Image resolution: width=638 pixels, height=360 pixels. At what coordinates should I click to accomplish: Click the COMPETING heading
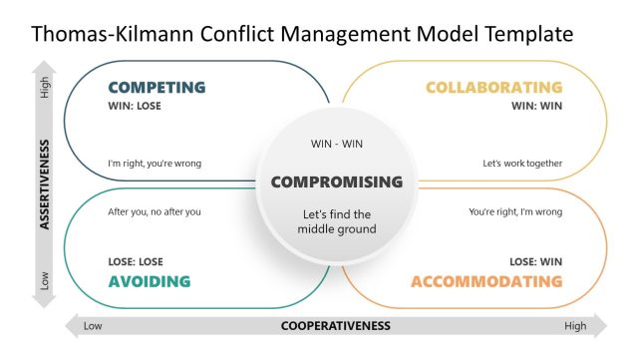[157, 88]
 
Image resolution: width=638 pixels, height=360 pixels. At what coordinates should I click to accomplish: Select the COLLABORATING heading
[493, 88]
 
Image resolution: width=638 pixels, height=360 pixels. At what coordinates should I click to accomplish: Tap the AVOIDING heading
[149, 281]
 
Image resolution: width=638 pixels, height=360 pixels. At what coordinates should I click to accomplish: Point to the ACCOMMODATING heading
[486, 281]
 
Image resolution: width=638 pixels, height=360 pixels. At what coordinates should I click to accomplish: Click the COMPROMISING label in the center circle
[337, 181]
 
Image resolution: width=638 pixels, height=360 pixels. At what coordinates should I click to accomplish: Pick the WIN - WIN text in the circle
[337, 145]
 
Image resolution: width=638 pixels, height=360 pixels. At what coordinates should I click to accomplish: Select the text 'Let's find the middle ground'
[337, 221]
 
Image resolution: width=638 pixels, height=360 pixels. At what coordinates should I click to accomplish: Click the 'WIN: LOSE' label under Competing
[135, 106]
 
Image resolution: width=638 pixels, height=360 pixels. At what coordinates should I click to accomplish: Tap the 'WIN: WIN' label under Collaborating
[537, 106]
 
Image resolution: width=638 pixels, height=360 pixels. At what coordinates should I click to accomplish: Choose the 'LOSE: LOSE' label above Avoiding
[136, 261]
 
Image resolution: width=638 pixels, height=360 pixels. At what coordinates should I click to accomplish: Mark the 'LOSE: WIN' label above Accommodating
[536, 261]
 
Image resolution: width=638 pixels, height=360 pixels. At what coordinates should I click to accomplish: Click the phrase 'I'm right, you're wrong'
[155, 164]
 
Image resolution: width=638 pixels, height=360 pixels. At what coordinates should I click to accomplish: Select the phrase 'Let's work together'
[523, 164]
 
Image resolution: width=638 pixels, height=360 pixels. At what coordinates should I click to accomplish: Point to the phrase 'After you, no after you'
[155, 211]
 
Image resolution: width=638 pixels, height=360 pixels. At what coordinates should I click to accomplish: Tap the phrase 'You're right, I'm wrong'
[515, 211]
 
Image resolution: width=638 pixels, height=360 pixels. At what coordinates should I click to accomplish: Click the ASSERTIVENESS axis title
[45, 180]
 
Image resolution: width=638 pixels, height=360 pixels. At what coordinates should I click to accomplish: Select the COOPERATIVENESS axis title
[336, 326]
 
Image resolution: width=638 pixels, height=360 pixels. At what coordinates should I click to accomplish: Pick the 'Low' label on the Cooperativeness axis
[93, 326]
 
